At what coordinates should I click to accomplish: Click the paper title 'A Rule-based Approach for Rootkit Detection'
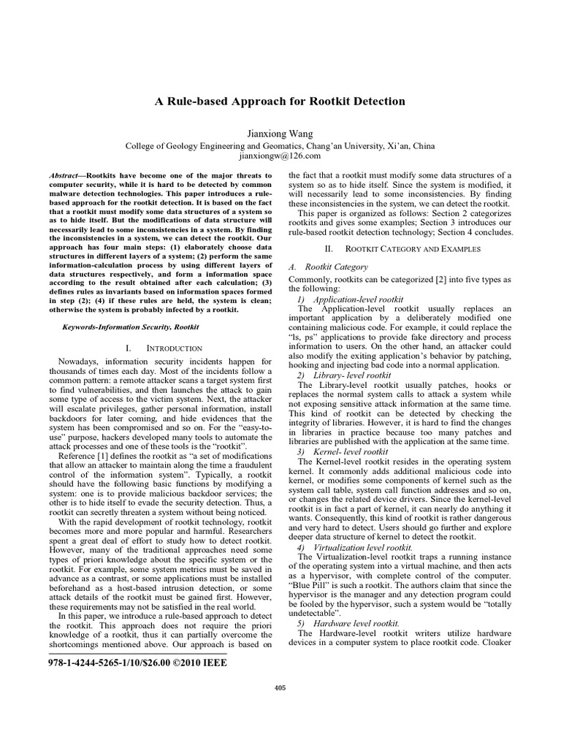tap(280, 101)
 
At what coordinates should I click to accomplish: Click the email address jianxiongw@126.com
tap(280, 156)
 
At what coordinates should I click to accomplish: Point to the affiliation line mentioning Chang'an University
tap(280, 145)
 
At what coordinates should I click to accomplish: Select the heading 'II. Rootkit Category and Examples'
tap(402, 249)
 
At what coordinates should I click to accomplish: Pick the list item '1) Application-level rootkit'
tap(351, 300)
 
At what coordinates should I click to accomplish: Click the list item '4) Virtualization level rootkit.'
tap(355, 547)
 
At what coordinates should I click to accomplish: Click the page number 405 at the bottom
tap(279, 687)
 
